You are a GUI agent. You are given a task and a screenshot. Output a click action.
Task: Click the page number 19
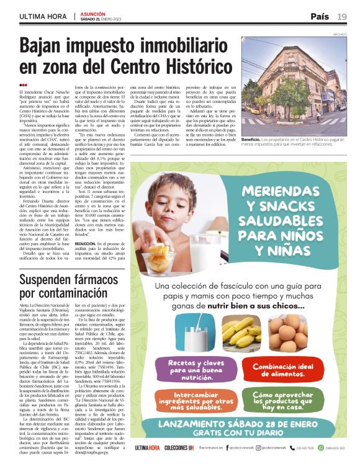[342, 16]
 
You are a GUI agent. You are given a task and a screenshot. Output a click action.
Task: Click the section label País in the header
[320, 16]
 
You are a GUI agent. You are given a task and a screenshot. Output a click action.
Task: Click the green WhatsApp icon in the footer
[321, 447]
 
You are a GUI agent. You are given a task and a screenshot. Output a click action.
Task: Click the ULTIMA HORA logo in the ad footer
[148, 447]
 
